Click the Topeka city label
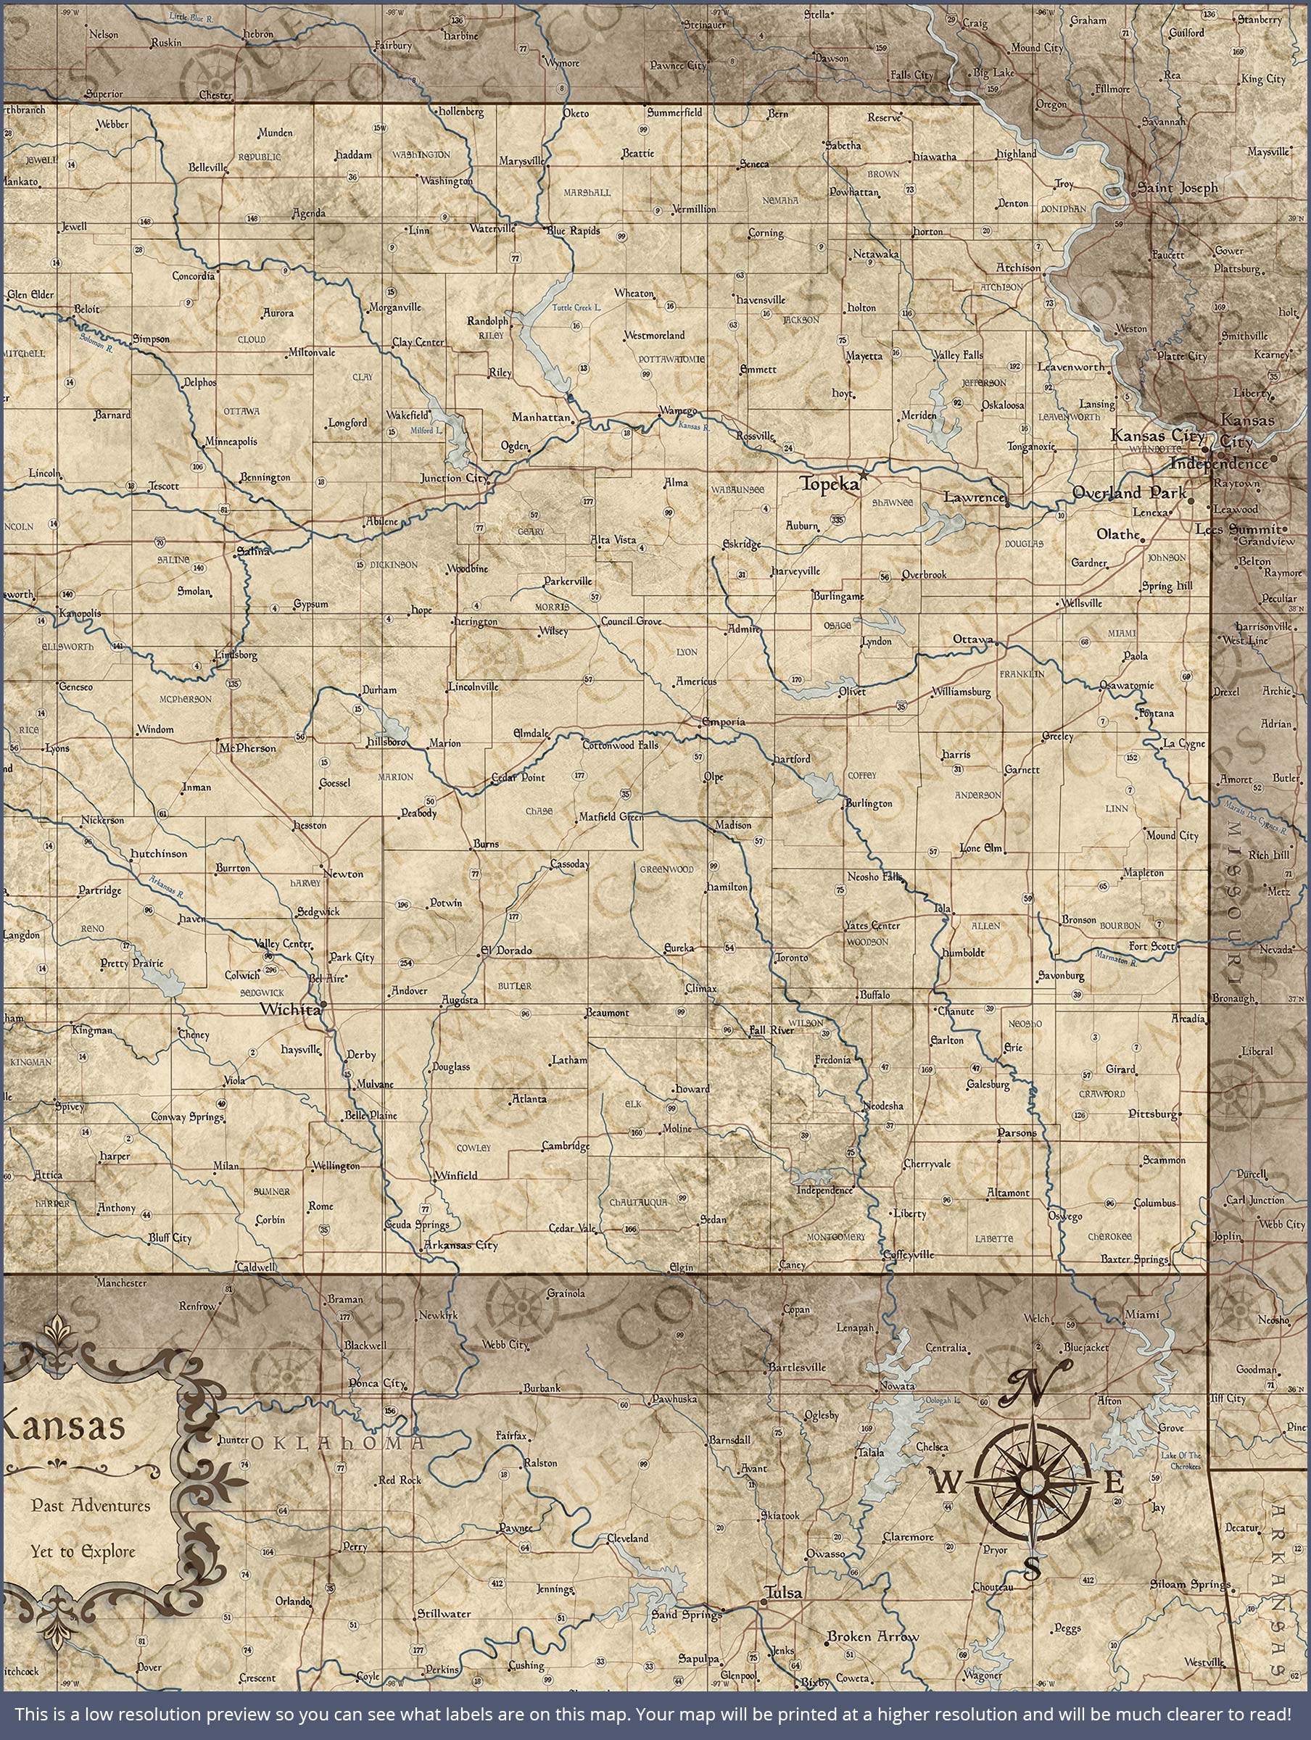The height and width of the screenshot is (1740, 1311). click(829, 485)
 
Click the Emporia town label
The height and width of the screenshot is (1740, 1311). click(722, 721)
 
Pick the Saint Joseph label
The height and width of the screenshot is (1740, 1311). click(1178, 188)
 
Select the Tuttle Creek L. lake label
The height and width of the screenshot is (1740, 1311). click(576, 307)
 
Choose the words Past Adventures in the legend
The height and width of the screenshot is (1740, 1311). click(91, 1506)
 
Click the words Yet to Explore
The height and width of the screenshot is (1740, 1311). click(83, 1553)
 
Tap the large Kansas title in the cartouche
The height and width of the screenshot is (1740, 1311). click(63, 1425)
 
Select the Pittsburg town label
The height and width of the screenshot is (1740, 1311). click(1153, 1114)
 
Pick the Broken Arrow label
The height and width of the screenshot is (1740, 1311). click(872, 1637)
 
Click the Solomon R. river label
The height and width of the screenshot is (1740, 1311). click(96, 341)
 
